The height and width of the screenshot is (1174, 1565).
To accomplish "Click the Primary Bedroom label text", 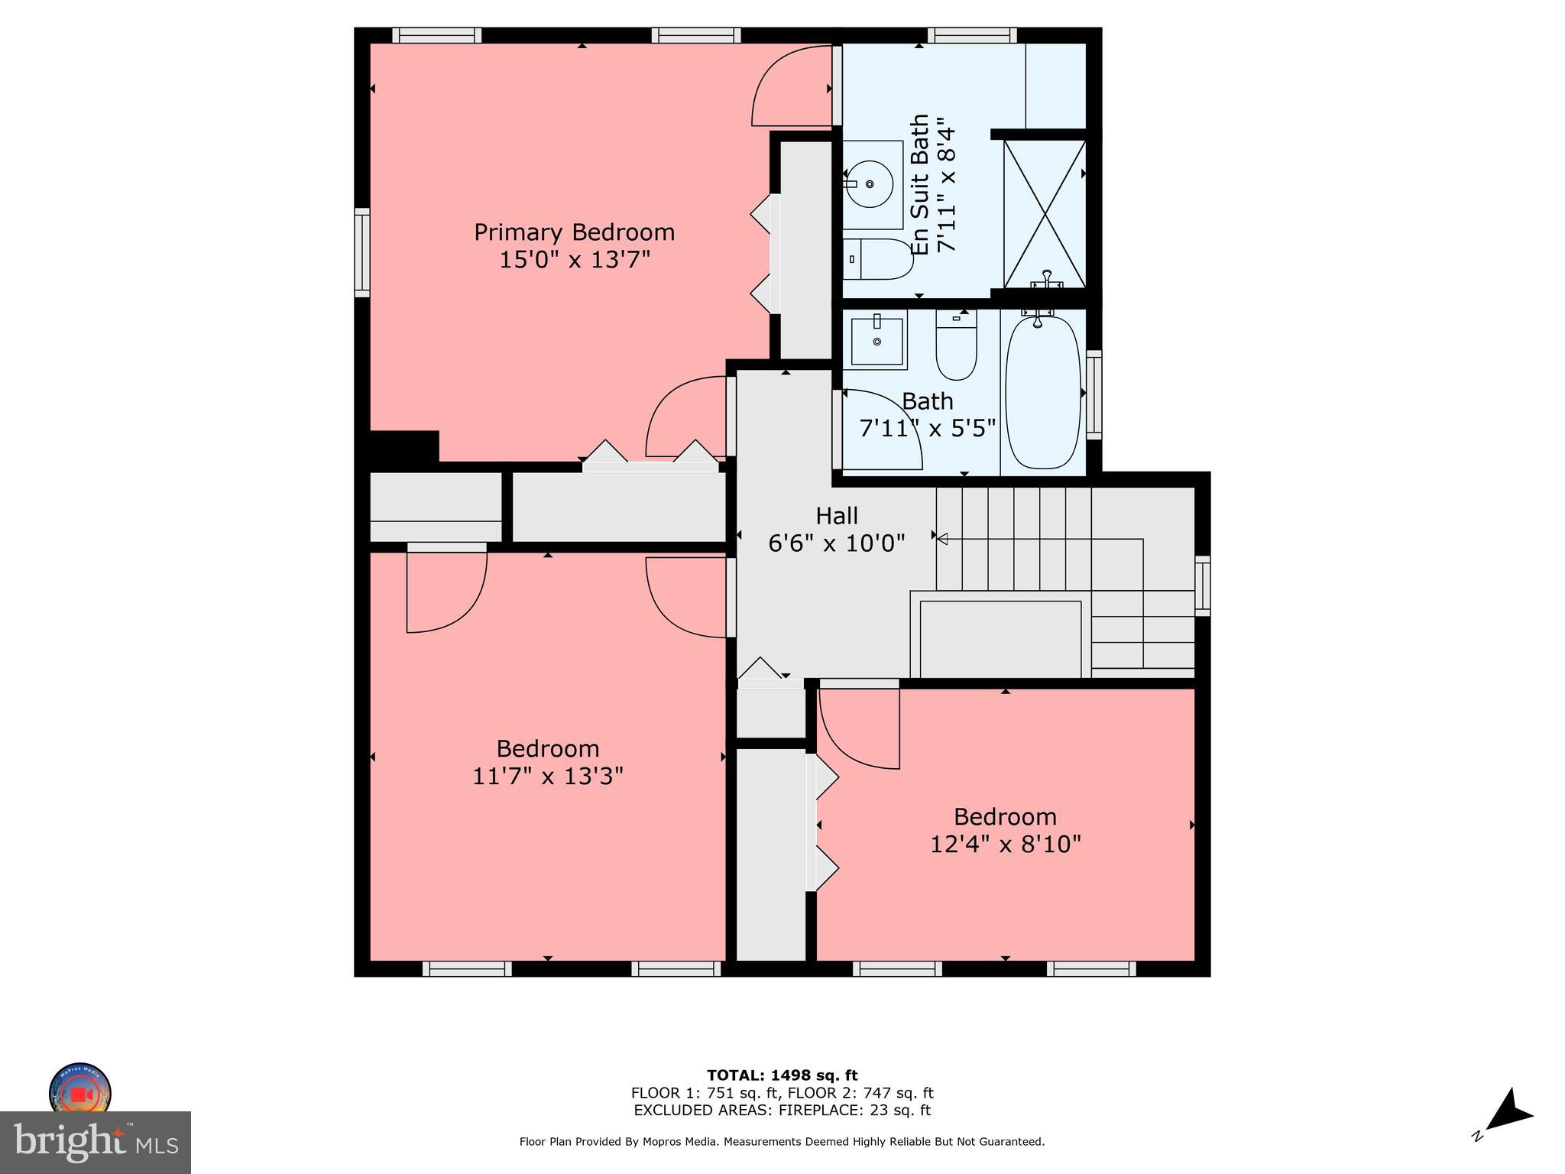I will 574,232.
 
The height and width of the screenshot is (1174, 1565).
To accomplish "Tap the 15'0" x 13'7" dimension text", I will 574,260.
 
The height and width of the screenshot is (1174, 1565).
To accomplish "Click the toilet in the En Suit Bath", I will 879,259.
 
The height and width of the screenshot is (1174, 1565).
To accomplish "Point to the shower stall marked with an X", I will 1044,213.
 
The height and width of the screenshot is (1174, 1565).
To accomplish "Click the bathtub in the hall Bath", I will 1042,392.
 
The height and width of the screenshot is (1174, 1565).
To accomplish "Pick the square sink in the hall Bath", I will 876,341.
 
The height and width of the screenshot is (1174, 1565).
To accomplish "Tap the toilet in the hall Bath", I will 956,349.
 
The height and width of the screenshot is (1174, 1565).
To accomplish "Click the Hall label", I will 837,516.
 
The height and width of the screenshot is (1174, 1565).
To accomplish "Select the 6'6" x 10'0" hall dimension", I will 837,543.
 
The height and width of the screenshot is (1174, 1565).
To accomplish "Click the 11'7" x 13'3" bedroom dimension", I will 548,777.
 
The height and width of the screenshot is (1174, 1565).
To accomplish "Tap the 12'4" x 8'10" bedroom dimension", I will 1005,845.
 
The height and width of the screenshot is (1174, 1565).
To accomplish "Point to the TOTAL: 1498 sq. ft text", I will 782,1075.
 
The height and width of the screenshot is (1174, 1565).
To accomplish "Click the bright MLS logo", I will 96,1142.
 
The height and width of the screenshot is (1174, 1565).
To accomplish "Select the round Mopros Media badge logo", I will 80,1091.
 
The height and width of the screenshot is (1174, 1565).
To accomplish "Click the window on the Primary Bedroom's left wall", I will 362,252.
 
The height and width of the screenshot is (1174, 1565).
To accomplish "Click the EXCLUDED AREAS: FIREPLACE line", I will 782,1111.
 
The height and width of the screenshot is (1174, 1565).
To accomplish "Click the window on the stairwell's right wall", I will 1202,586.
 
